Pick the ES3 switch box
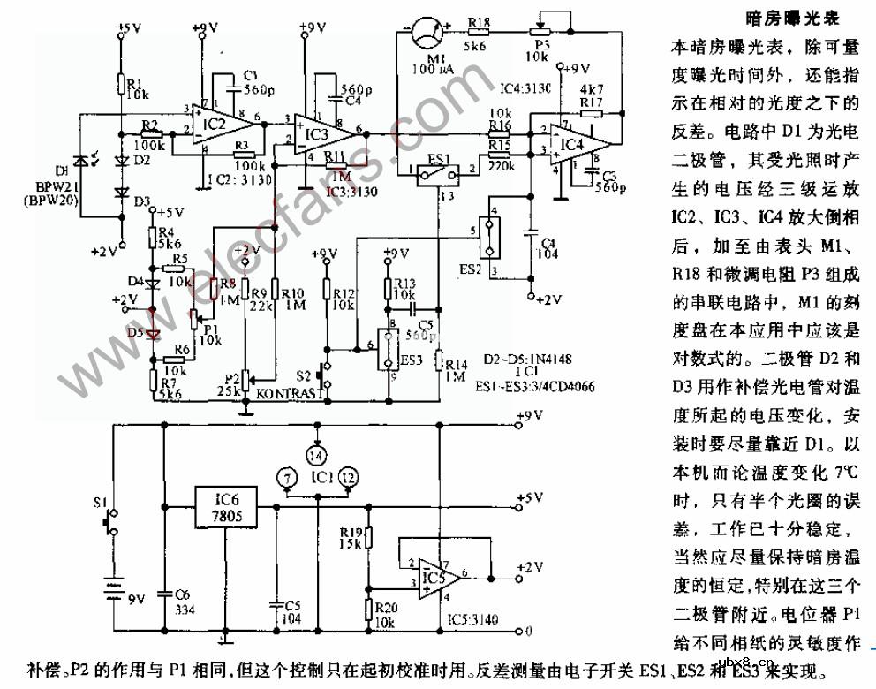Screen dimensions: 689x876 pyautogui.click(x=387, y=351)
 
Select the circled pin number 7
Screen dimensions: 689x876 pyautogui.click(x=283, y=477)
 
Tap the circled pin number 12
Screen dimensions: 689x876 pyautogui.click(x=349, y=477)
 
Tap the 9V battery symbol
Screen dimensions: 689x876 pyautogui.click(x=112, y=588)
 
